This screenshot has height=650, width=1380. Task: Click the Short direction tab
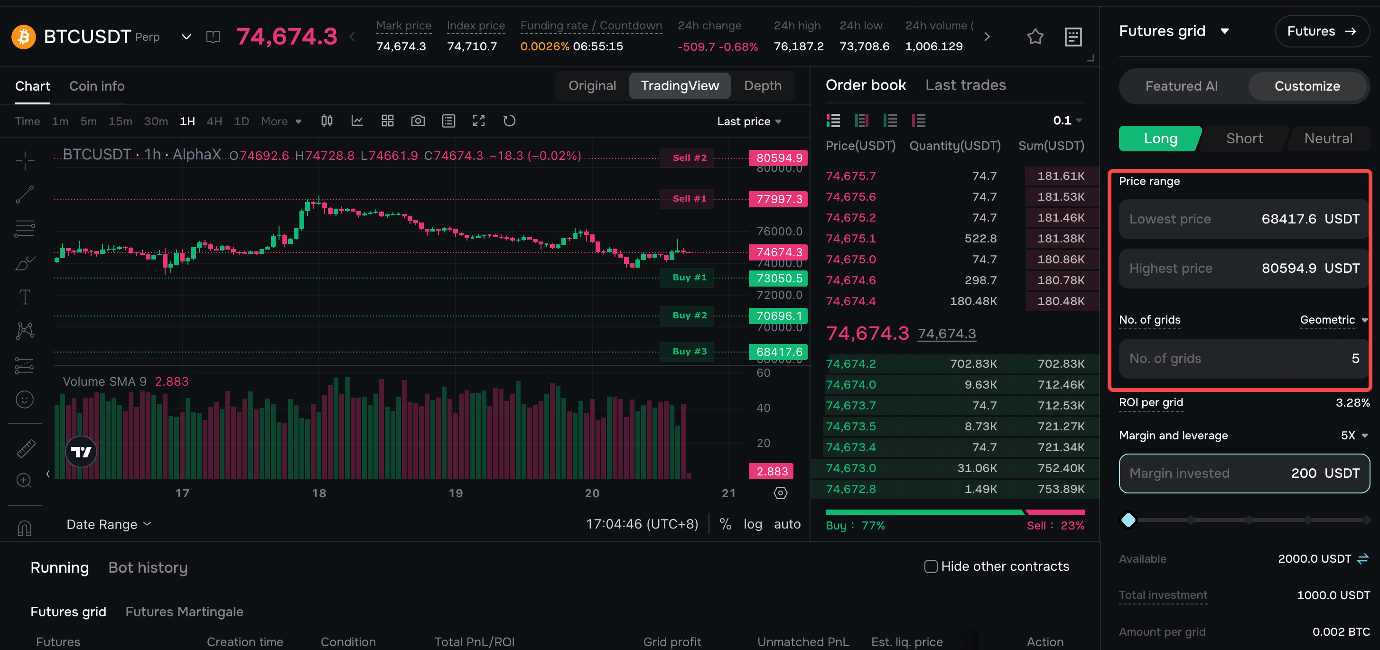(1244, 139)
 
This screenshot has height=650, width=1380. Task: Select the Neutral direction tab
(1327, 139)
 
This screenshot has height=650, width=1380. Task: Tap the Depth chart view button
(762, 86)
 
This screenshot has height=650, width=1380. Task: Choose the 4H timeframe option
(214, 121)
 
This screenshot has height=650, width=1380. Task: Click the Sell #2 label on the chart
(689, 158)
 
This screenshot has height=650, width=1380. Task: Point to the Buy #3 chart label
(689, 352)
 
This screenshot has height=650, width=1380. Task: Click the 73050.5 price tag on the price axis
(778, 279)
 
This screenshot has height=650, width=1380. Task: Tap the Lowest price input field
(1243, 219)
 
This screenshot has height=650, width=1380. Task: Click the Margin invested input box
(1243, 474)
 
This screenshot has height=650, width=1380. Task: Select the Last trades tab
(965, 85)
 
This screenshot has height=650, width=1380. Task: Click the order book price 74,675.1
(851, 239)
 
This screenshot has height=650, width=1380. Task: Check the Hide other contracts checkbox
(931, 566)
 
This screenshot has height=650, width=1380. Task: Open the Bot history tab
(148, 567)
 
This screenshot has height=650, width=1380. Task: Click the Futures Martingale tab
(184, 612)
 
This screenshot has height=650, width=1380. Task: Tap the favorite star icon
(1035, 37)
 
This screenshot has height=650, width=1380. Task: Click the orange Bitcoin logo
(24, 37)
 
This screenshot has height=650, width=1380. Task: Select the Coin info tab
(97, 86)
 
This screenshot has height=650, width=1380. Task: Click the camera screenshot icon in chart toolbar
(418, 121)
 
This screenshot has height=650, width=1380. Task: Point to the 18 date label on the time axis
(319, 493)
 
